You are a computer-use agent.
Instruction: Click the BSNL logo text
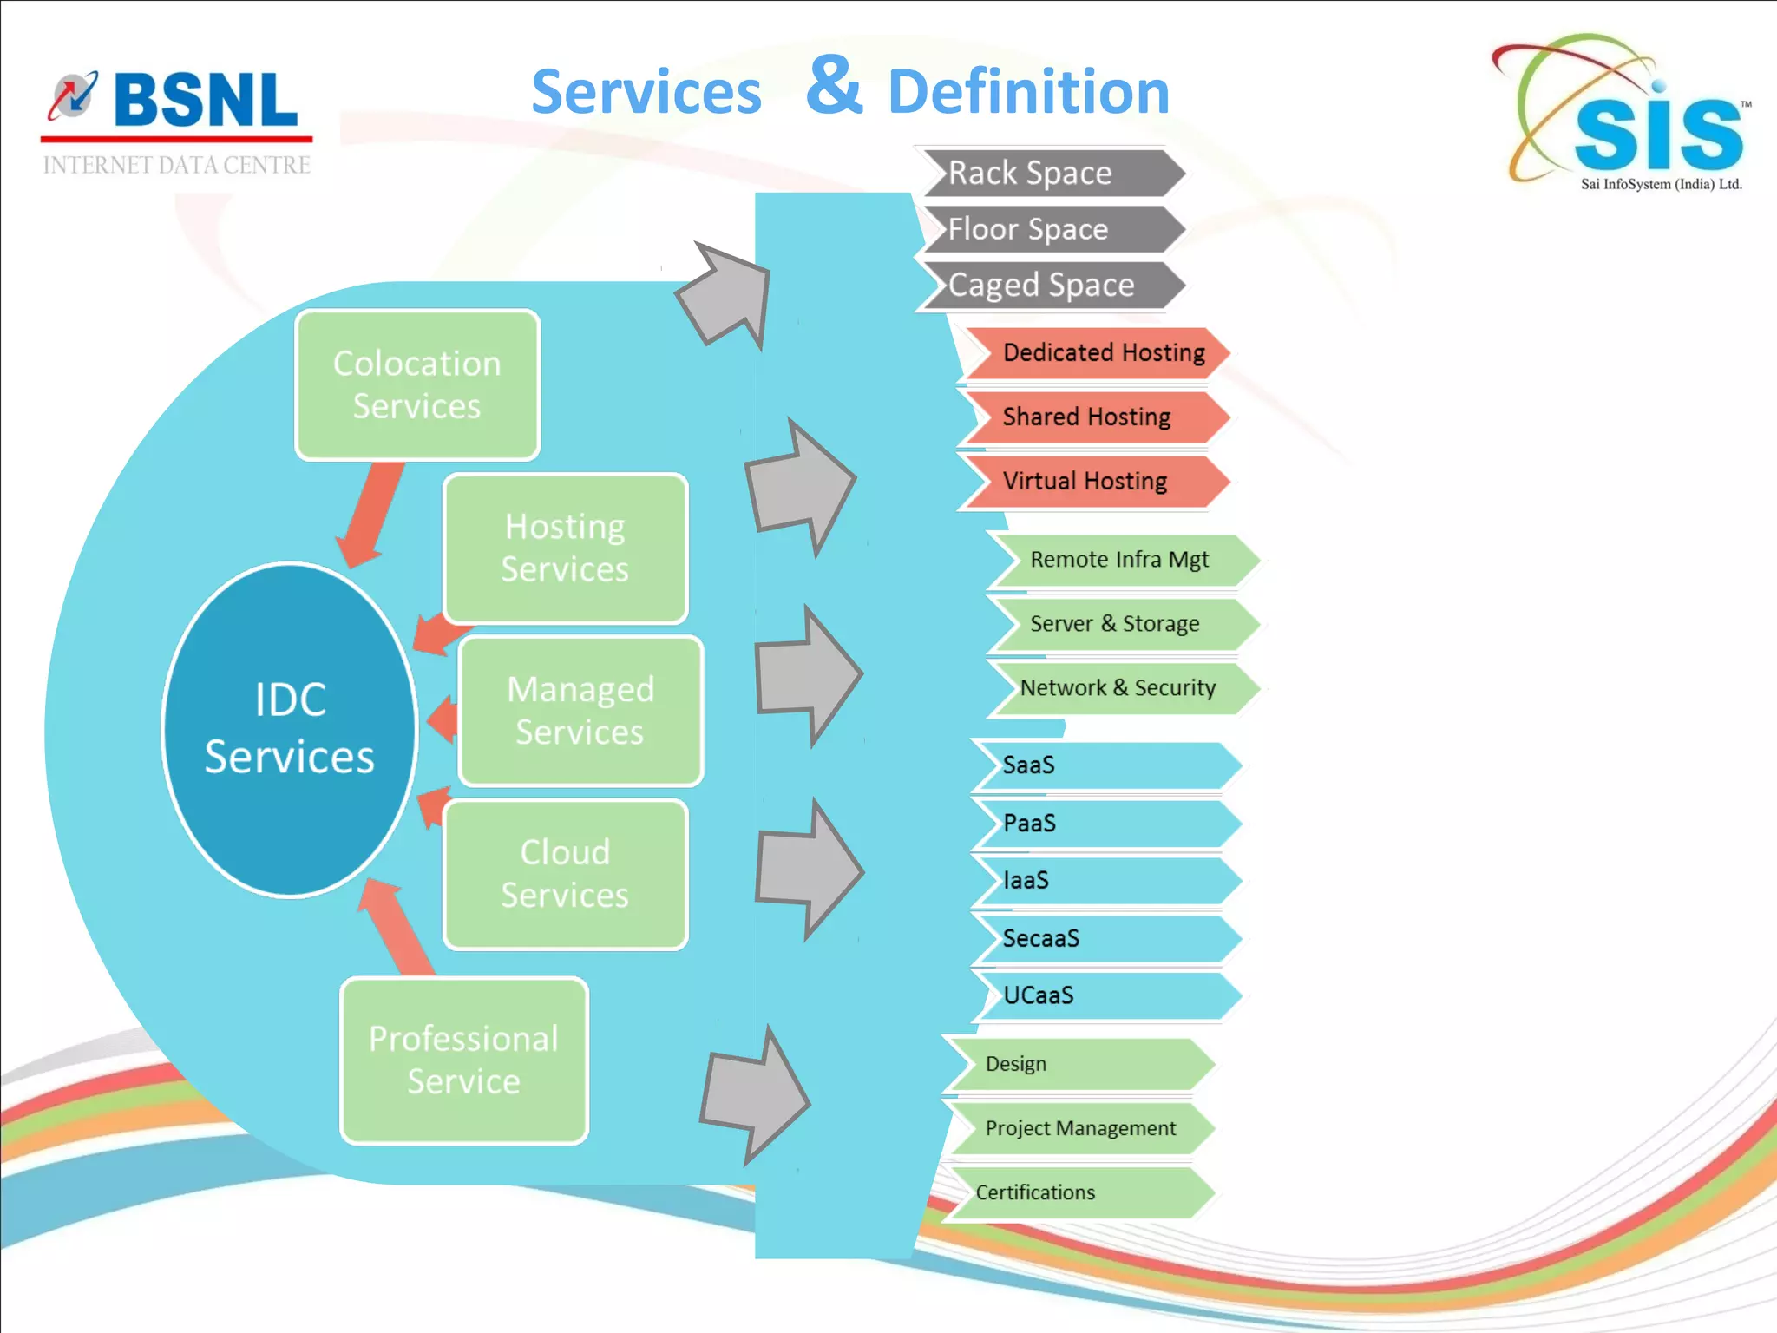coord(205,101)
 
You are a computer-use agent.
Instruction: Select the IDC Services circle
coord(290,729)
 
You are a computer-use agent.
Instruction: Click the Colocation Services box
coord(417,384)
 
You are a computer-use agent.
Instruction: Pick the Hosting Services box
coord(565,548)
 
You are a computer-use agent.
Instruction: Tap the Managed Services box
coord(580,711)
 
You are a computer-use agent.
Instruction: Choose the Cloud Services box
coord(565,873)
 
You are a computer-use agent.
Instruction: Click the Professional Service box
coord(464,1060)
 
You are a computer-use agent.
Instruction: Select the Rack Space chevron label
coord(1041,174)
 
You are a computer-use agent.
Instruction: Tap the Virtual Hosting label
coord(1085,482)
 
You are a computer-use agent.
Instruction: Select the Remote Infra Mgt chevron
coord(1119,561)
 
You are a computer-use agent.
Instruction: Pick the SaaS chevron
coord(1102,765)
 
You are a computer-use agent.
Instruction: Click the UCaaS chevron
coord(1102,995)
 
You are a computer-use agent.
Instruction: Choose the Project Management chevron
coord(1080,1128)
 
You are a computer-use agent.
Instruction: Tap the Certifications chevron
coord(1076,1192)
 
